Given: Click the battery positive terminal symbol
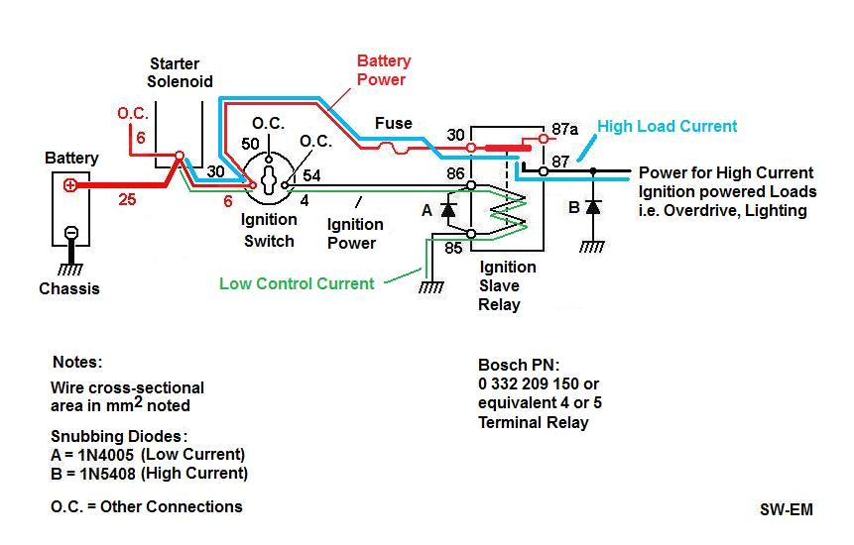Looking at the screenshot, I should point(70,185).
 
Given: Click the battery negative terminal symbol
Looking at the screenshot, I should point(70,233).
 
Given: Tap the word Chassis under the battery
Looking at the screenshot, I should point(68,289).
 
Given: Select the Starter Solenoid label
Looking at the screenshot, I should point(181,72).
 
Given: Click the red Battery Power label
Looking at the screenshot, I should point(383,70).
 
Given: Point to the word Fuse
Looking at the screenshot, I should point(393,124).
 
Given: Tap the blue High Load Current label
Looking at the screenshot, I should point(667,127).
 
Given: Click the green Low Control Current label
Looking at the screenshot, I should point(297,284).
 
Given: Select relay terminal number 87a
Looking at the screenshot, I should point(564,129).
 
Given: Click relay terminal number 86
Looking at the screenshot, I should point(454,173).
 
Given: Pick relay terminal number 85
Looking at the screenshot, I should point(453,248).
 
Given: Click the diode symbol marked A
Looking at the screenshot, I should point(448,210).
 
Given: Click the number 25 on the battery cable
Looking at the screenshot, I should point(126,200).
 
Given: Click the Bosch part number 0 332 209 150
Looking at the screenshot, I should point(539,383).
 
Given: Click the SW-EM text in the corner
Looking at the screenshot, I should point(786,510).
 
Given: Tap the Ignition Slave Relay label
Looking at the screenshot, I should point(507,285).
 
